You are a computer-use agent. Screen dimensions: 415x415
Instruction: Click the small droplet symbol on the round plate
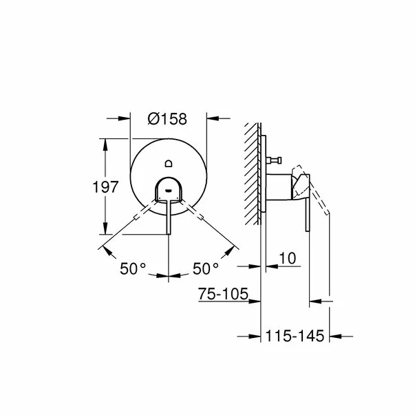coord(169,163)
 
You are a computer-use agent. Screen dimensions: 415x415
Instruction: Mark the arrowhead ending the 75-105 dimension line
coord(256,301)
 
